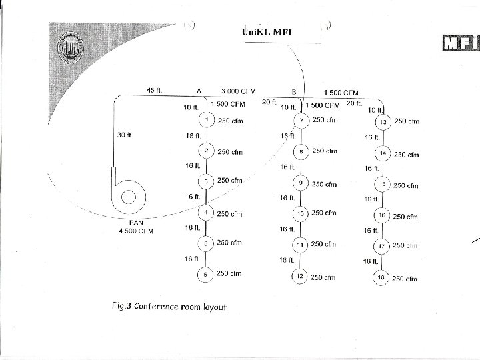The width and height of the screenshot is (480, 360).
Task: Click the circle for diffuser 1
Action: click(207, 120)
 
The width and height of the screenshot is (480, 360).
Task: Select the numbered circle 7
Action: click(301, 121)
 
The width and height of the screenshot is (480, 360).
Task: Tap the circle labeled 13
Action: click(383, 123)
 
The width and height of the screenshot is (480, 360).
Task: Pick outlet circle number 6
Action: click(207, 274)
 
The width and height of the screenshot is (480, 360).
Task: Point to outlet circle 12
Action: click(301, 276)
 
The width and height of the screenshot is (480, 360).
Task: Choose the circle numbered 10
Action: click(301, 213)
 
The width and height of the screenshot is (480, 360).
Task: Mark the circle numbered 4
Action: click(207, 213)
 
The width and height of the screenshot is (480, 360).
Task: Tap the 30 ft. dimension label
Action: click(125, 135)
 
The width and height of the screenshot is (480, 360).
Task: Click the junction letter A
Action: click(199, 91)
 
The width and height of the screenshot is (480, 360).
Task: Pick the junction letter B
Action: click(294, 91)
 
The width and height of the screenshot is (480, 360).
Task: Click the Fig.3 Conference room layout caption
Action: click(169, 307)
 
